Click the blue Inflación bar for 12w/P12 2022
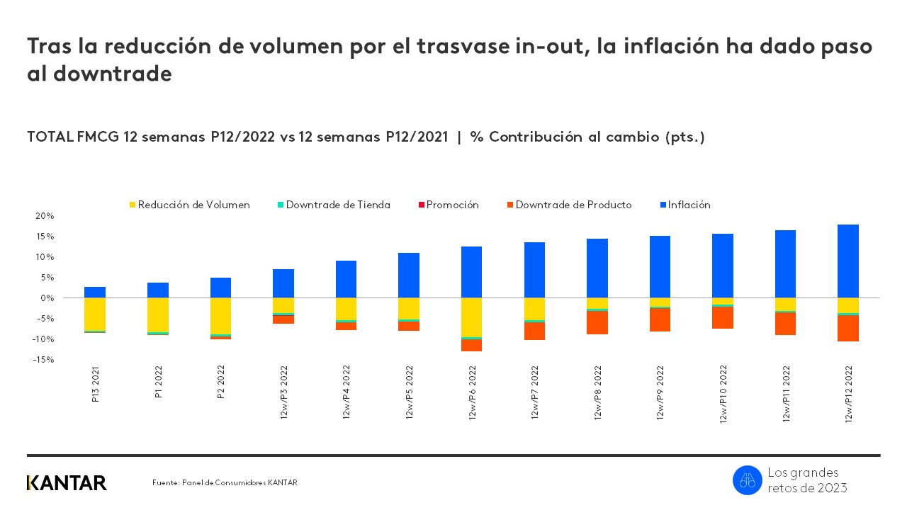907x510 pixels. pos(847,261)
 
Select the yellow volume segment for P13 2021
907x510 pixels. pos(95,314)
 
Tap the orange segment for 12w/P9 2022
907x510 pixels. pos(660,320)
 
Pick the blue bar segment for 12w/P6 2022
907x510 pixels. pos(471,272)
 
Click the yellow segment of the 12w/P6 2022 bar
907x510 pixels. pos(471,317)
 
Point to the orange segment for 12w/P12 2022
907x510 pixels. pos(847,328)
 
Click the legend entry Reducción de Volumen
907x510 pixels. pos(189,205)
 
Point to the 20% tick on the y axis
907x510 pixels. pos(44,216)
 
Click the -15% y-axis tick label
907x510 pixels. pos(43,360)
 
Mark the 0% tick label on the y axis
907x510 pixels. pos(46,298)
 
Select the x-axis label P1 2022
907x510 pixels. pos(159,383)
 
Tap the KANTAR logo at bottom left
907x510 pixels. pos(67,483)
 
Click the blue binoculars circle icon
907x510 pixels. pos(747,480)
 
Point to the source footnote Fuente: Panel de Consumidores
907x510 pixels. pos(225,483)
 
